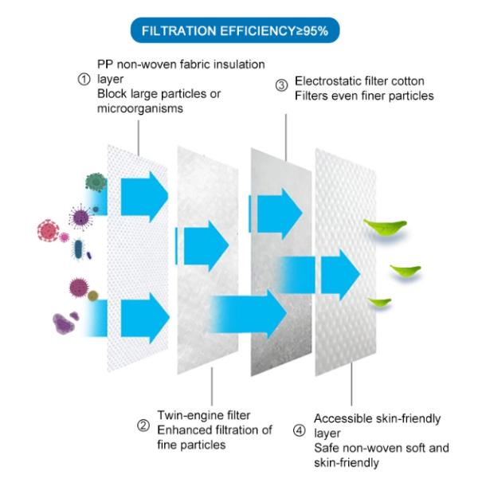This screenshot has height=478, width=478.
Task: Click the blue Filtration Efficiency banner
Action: (x=235, y=30)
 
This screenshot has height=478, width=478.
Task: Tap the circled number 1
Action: (x=84, y=80)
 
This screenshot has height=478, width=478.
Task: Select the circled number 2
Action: (x=143, y=425)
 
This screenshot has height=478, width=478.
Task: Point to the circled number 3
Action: (x=282, y=86)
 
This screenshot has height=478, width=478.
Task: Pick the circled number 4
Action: (x=299, y=431)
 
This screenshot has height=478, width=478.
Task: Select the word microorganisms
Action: (x=140, y=108)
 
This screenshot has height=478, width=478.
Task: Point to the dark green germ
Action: (x=96, y=182)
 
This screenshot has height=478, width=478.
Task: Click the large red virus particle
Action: (x=48, y=230)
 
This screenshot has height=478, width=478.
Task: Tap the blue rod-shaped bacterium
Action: (x=79, y=249)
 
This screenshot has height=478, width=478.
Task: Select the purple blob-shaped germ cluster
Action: (x=63, y=323)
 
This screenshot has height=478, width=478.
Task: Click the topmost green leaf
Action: (x=385, y=226)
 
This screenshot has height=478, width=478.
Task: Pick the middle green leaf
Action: (x=406, y=269)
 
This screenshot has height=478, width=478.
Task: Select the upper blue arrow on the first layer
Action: (x=144, y=197)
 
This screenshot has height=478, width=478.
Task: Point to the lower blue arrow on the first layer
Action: (x=145, y=318)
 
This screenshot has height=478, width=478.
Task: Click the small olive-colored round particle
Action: (x=92, y=296)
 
